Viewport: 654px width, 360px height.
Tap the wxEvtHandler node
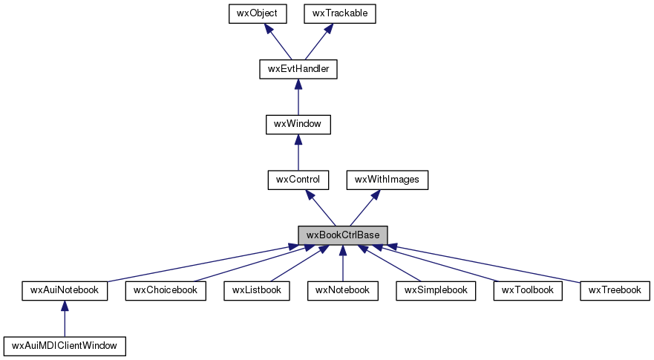coord(298,69)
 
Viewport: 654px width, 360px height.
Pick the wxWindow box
coord(298,124)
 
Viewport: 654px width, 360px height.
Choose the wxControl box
coord(298,179)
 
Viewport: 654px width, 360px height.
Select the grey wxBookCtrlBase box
coord(342,235)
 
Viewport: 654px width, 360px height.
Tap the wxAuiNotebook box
coord(64,289)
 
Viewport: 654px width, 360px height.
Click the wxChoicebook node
coord(166,289)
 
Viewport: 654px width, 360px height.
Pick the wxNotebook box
coord(342,289)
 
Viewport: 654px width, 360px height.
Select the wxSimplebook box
coord(436,289)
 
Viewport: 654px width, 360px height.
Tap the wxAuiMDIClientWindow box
coord(64,345)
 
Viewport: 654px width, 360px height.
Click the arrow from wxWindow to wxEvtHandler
coord(298,97)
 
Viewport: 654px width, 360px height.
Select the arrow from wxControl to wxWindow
coord(298,152)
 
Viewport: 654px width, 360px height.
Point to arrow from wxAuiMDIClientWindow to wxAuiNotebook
coord(64,318)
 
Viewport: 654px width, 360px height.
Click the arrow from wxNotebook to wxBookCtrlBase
coord(342,264)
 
